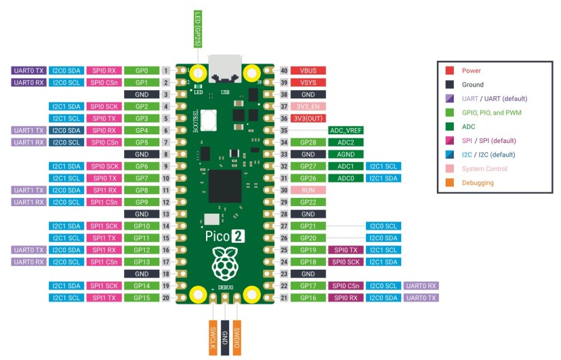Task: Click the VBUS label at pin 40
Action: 308,71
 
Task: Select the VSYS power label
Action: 308,83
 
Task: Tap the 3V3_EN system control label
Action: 308,106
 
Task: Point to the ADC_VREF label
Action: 346,130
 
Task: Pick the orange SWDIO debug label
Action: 236,337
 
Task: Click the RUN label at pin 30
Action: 308,191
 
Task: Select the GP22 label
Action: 308,202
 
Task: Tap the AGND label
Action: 346,154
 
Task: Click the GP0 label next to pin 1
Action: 142,71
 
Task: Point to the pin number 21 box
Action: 283,298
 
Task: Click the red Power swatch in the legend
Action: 450,71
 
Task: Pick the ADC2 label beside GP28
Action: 346,142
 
